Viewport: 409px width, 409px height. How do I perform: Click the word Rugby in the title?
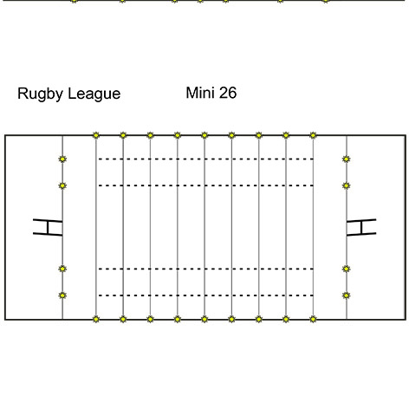pyautogui.click(x=40, y=94)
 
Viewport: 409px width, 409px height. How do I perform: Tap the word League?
pyautogui.click(x=94, y=94)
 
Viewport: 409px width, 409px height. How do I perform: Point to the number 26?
pyautogui.click(x=228, y=93)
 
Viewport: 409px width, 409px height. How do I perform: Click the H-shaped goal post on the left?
pyautogui.click(x=48, y=227)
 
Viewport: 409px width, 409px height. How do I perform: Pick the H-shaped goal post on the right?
pyautogui.click(x=361, y=227)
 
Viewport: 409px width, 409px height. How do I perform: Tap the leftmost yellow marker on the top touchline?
pyautogui.click(x=96, y=135)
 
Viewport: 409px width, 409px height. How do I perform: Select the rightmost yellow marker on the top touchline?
pyautogui.click(x=313, y=135)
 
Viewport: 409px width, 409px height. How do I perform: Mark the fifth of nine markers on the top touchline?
pyautogui.click(x=204, y=135)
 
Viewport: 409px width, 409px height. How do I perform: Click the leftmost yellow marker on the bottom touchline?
pyautogui.click(x=96, y=319)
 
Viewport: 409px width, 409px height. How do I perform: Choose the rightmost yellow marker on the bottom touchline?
pyautogui.click(x=313, y=319)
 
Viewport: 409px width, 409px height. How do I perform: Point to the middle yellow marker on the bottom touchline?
pyautogui.click(x=204, y=319)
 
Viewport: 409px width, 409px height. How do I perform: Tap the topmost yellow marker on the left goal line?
pyautogui.click(x=62, y=159)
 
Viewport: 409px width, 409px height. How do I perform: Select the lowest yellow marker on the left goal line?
pyautogui.click(x=62, y=295)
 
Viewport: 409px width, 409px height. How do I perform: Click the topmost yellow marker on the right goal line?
pyautogui.click(x=347, y=159)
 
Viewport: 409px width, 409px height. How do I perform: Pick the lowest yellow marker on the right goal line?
pyautogui.click(x=347, y=295)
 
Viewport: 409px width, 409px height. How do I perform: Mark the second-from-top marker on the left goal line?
pyautogui.click(x=62, y=185)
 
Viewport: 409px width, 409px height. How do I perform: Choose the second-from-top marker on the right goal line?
pyautogui.click(x=347, y=185)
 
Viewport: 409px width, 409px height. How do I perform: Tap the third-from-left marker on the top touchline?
pyautogui.click(x=150, y=135)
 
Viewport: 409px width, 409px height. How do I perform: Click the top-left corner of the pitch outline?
pyautogui.click(x=5, y=135)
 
